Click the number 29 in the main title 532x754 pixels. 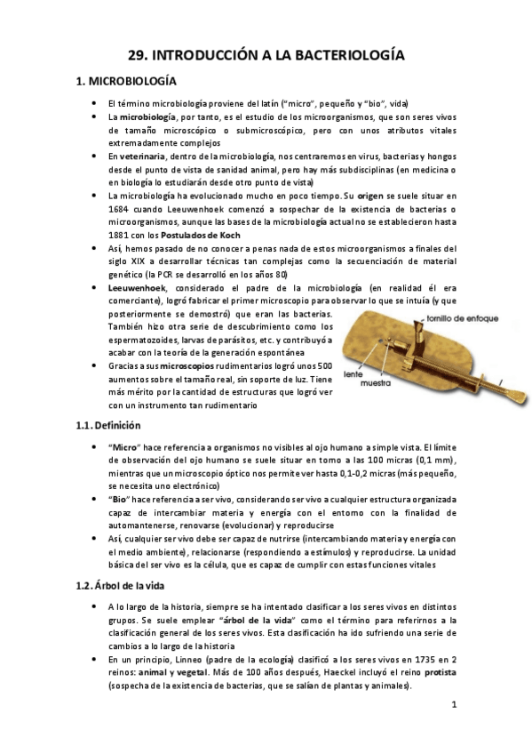[137, 55]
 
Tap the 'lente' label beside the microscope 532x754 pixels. [354, 375]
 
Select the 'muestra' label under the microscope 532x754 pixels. [364, 385]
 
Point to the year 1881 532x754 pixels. [118, 235]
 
